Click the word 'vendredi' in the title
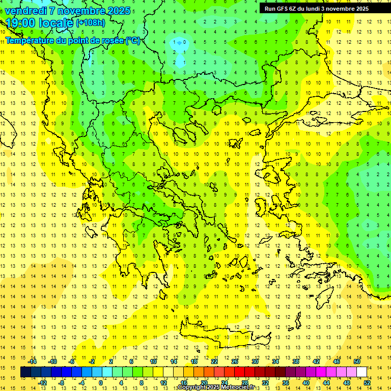pos(26,11)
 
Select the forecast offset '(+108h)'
pos(91,23)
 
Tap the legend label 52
pos(366,382)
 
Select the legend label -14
pos(33,361)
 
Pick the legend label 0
pos(101,382)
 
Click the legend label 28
pos(244,382)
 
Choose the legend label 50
pos(356,361)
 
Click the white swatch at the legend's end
pos(361,372)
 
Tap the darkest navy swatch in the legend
pos(25,372)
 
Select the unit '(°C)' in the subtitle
pos(133,40)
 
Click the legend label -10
pos(52,361)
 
